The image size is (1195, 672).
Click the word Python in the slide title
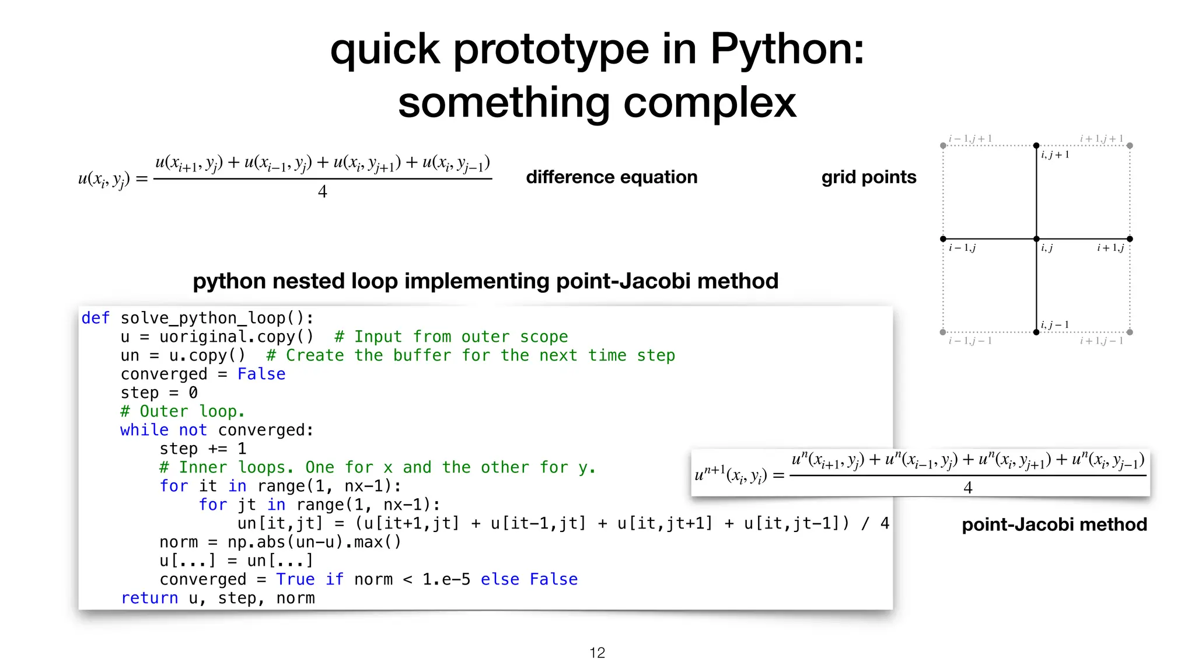(787, 49)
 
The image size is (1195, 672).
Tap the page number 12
(597, 653)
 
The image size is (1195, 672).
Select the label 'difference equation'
(612, 177)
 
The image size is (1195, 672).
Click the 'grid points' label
(868, 177)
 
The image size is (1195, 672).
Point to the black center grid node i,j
(1036, 239)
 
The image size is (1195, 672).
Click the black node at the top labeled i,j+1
(1036, 145)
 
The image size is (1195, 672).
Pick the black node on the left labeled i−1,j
(943, 239)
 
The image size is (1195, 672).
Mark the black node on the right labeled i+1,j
(1130, 239)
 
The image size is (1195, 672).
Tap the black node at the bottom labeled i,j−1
(1036, 332)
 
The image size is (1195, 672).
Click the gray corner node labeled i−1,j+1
(943, 145)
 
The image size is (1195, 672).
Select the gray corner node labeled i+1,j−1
(1130, 332)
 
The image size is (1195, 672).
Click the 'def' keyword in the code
(95, 318)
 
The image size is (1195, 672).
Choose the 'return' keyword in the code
(149, 598)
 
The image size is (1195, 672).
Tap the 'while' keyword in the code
(144, 430)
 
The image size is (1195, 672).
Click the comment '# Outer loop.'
(183, 411)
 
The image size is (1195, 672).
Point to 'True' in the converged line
(295, 579)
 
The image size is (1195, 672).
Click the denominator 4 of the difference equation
(322, 191)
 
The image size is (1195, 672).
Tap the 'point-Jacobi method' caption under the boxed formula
(1054, 524)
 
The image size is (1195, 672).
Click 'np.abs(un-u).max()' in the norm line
(315, 542)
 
